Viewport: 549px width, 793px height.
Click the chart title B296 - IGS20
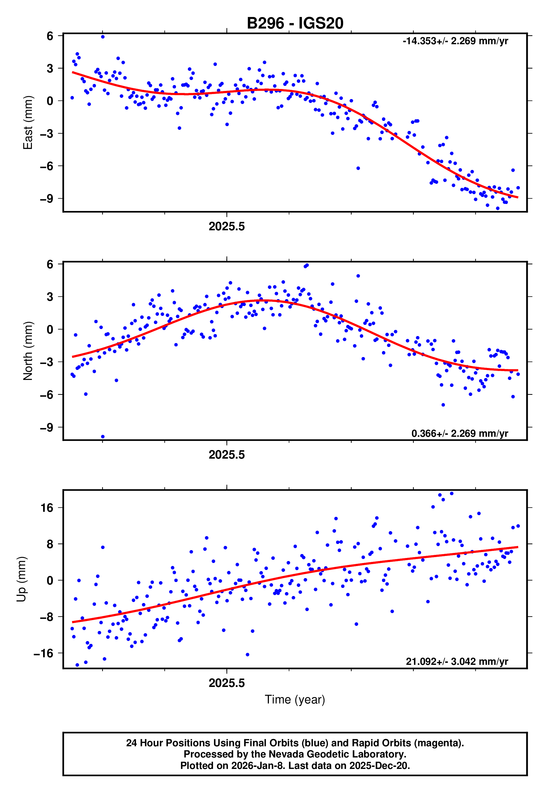tap(295, 24)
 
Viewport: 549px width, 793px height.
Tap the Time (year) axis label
tap(295, 700)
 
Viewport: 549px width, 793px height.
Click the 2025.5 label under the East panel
tap(227, 226)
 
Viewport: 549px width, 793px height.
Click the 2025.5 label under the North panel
tap(227, 455)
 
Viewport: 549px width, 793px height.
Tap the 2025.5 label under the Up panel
tap(227, 683)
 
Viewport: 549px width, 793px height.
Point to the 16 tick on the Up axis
tap(47, 508)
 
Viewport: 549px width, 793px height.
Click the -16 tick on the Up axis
tap(43, 653)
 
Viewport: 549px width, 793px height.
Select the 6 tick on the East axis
tap(50, 36)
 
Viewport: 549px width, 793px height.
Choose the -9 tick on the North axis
tap(46, 428)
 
